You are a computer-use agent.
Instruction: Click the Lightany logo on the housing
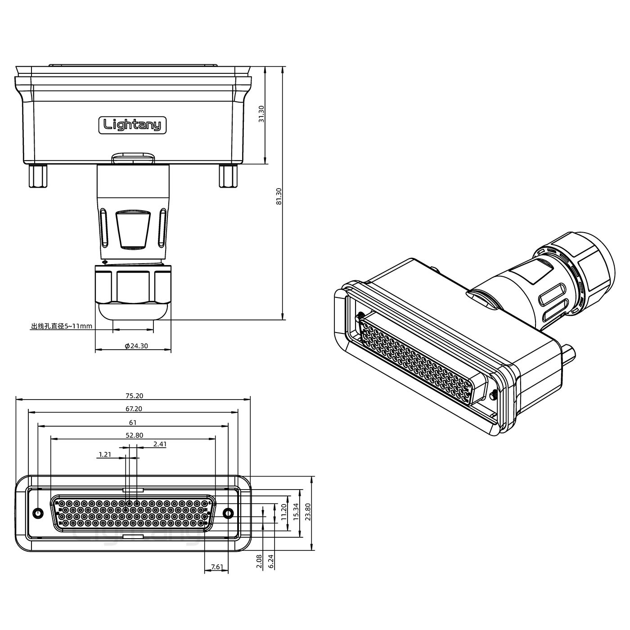[132, 125]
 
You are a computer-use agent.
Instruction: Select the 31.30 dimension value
[261, 114]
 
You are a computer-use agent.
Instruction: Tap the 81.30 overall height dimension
[279, 196]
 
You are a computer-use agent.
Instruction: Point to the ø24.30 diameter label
[136, 346]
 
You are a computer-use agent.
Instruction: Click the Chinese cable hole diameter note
[62, 326]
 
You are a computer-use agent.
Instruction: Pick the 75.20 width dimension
[135, 396]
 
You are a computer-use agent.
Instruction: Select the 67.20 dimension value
[134, 409]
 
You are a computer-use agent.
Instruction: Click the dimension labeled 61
[133, 423]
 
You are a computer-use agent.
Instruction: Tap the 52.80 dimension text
[135, 436]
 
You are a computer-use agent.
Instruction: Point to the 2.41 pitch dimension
[160, 444]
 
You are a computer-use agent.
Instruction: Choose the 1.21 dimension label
[105, 454]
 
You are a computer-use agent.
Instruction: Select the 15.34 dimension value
[296, 512]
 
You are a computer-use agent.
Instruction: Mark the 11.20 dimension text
[284, 512]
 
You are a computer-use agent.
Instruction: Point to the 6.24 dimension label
[271, 561]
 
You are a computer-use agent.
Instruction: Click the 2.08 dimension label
[259, 561]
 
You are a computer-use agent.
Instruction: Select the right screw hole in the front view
[228, 513]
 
